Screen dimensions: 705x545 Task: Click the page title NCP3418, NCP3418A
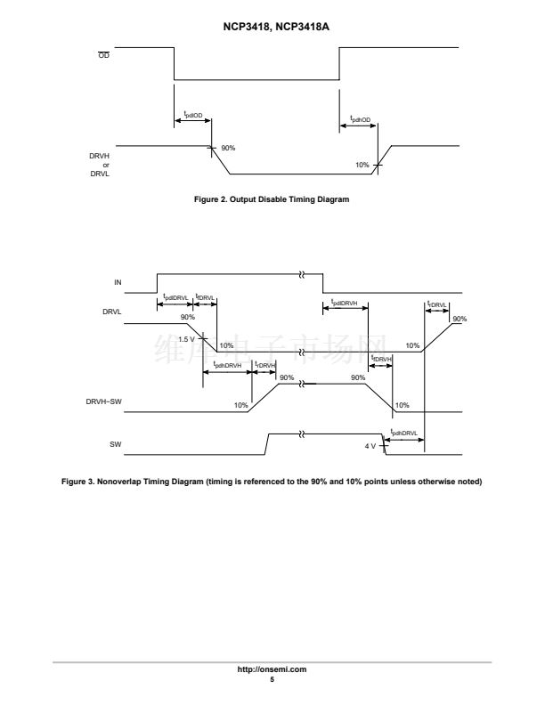click(x=272, y=28)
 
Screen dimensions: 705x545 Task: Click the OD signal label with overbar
click(x=104, y=56)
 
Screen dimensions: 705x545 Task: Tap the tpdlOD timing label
click(x=193, y=114)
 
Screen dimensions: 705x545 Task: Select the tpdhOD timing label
click(x=360, y=118)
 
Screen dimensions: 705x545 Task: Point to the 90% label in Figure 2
click(x=228, y=148)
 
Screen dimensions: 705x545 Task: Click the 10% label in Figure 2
click(x=362, y=165)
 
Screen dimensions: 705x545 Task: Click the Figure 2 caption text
click(x=272, y=199)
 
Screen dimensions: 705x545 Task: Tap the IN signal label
click(x=118, y=282)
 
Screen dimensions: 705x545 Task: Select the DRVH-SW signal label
click(x=104, y=402)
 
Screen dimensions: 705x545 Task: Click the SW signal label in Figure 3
click(x=115, y=442)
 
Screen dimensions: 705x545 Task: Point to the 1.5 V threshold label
click(x=186, y=339)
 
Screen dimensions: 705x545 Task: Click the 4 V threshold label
click(x=371, y=445)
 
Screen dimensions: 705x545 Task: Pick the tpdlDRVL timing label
click(x=174, y=296)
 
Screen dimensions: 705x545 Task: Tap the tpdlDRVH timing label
click(x=344, y=303)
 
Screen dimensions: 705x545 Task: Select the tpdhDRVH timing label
click(x=227, y=365)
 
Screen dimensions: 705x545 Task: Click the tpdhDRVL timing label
click(x=403, y=432)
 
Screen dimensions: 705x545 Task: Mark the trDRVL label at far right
click(x=437, y=303)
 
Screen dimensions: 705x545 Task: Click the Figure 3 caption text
click(x=272, y=482)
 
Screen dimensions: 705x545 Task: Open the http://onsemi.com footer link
click(x=272, y=669)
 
